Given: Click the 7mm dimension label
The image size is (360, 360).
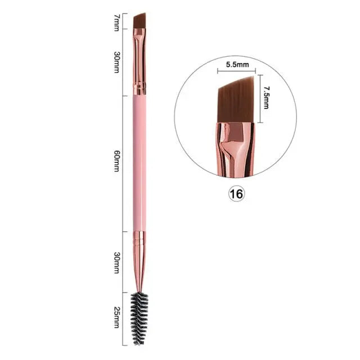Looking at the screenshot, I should pos(116,22).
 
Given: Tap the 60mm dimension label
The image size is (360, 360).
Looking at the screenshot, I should pos(116,163).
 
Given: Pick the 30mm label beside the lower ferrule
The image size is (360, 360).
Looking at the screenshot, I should pos(116,262).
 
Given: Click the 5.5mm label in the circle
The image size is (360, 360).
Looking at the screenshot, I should pos(237,65).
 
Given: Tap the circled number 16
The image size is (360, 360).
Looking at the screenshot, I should pos(236,194).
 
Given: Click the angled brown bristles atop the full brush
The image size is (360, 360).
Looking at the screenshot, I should pos(139,20).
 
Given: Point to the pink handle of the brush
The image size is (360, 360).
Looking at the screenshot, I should pos(139,163).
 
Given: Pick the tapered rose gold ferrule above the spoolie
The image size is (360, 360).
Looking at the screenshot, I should pos(139,262).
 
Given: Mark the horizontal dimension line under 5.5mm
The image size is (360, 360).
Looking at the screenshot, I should pos(237,71).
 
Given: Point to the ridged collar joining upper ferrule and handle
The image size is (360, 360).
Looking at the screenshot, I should pos(139,88).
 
